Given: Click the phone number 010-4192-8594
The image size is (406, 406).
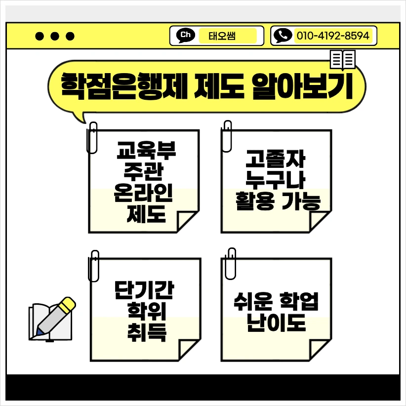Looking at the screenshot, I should [x=332, y=36].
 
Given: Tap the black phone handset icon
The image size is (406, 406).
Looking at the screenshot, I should [x=283, y=35].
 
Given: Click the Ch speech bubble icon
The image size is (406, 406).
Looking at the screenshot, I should [x=186, y=35].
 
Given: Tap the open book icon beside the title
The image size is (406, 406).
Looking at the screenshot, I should [x=342, y=60].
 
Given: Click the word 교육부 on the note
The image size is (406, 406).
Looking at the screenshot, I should [x=146, y=148].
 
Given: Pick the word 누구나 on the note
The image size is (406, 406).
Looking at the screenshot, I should [x=276, y=180].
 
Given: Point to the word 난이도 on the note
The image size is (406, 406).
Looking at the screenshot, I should [x=276, y=323].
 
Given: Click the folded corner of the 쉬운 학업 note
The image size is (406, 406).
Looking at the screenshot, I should [x=320, y=348].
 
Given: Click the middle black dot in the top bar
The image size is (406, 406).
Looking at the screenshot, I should [x=55, y=36].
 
